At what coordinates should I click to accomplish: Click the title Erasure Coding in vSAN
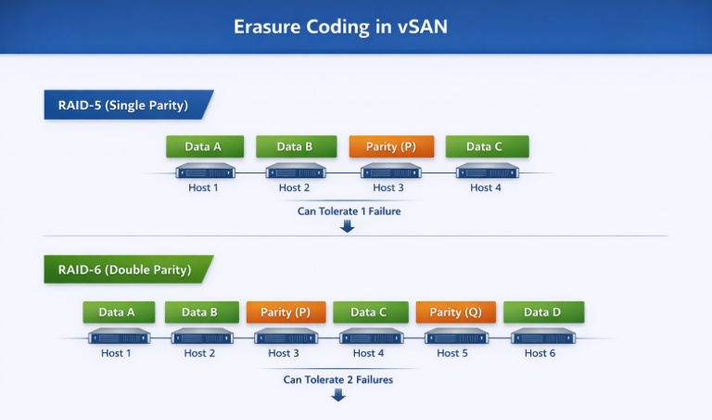[340, 27]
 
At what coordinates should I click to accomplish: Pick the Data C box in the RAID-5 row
[486, 146]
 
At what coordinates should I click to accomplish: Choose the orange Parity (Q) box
[455, 312]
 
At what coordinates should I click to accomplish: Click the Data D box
[543, 312]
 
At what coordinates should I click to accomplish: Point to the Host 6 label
[540, 352]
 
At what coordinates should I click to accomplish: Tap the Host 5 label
[453, 352]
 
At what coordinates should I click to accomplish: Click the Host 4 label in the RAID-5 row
[485, 187]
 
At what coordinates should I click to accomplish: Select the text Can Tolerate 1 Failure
[348, 210]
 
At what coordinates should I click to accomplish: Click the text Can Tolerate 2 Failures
[338, 379]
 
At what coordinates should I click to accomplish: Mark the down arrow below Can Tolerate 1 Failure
[348, 226]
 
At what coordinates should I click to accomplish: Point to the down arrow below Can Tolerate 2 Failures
[338, 395]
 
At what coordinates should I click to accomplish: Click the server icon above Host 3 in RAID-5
[389, 172]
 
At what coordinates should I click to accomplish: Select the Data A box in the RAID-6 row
[116, 312]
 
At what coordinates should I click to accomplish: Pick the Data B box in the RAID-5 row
[295, 146]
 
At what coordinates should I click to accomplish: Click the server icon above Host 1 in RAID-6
[118, 337]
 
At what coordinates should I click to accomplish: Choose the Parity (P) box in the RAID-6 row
[285, 312]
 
